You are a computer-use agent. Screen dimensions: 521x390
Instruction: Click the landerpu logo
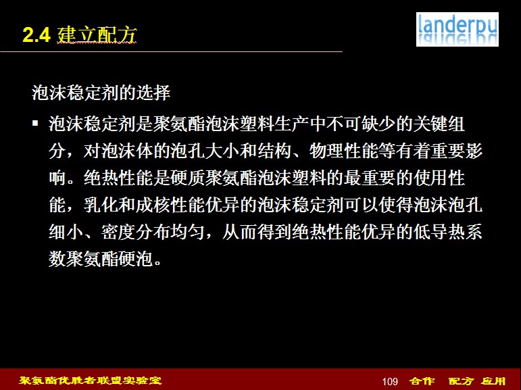[x=457, y=29]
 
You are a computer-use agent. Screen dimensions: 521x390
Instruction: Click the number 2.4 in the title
[x=36, y=35]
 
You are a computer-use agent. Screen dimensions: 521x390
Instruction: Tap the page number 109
[x=390, y=381]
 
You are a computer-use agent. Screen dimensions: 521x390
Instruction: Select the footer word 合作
[x=422, y=381]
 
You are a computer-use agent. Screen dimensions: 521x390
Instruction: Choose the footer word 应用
[x=494, y=381]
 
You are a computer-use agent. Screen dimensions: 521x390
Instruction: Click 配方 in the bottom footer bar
[x=460, y=381]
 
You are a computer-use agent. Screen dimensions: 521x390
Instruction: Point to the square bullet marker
[x=35, y=124]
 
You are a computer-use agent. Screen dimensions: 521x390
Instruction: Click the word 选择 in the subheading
[x=153, y=93]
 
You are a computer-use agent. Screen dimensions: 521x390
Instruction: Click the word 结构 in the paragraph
[x=274, y=151]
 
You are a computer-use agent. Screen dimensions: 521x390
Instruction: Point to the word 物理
[x=326, y=151]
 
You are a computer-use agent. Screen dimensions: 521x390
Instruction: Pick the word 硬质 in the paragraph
[x=187, y=178]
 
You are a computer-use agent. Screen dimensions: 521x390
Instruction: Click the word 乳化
[x=101, y=205]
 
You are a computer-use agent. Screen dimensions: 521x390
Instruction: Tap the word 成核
[x=153, y=205]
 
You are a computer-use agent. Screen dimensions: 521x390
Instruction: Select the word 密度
[x=118, y=232]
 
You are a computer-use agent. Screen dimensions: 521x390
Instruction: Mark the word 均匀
[x=188, y=232]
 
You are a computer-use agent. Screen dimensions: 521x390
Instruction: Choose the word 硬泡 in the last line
[x=136, y=258]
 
